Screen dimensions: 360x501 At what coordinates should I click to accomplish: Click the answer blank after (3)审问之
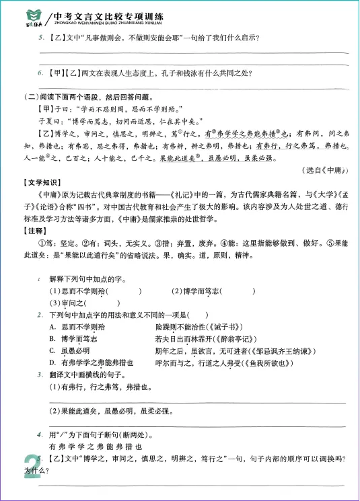[x=104, y=303]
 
